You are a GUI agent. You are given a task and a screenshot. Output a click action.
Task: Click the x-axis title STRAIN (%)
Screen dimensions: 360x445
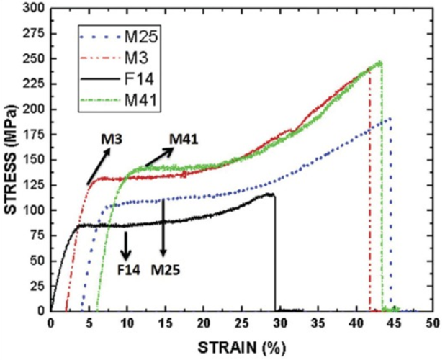pos(242,346)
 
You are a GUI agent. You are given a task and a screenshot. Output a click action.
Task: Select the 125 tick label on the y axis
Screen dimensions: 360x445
pos(33,185)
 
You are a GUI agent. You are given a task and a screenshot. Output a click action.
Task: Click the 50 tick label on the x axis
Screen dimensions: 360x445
pos(432,324)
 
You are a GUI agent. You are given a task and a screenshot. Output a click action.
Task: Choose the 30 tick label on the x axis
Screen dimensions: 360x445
pos(279,324)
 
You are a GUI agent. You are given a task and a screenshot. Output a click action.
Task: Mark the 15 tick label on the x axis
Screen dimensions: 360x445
pos(165,324)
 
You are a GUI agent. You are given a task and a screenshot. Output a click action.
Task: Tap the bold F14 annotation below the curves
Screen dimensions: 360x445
pos(127,271)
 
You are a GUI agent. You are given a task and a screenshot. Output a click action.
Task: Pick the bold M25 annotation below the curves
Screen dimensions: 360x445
pos(166,271)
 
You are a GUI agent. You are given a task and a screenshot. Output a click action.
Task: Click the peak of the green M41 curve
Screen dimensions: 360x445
pos(379,63)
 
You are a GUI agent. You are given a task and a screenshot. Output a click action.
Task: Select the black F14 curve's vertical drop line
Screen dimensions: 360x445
pos(275,252)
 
